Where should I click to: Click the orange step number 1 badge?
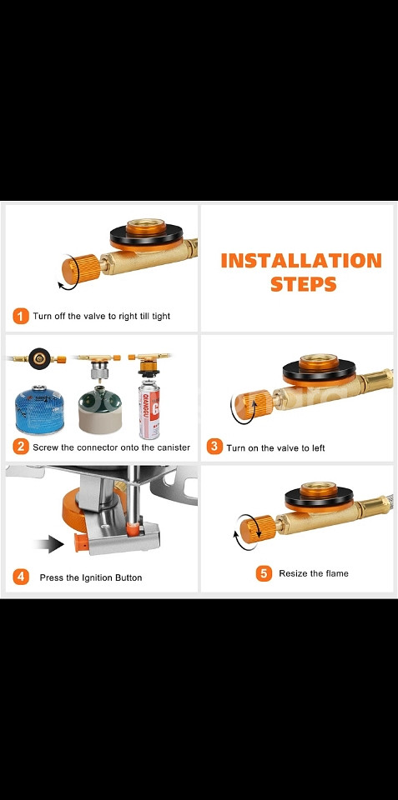[x=20, y=316]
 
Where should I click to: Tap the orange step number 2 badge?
[x=20, y=447]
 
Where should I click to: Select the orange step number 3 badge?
[x=214, y=447]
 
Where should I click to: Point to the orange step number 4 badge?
[x=20, y=577]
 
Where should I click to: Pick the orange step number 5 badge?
[x=264, y=573]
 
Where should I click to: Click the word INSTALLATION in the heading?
[x=301, y=261]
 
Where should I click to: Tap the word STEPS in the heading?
[x=304, y=283]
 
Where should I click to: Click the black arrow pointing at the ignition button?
[x=49, y=544]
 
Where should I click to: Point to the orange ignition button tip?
[x=80, y=542]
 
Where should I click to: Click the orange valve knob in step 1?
[x=81, y=269]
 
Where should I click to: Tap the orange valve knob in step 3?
[x=254, y=405]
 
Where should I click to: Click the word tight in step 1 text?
[x=161, y=317]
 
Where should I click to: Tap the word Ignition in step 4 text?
[x=100, y=578]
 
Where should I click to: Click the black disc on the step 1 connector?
[x=147, y=237]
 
